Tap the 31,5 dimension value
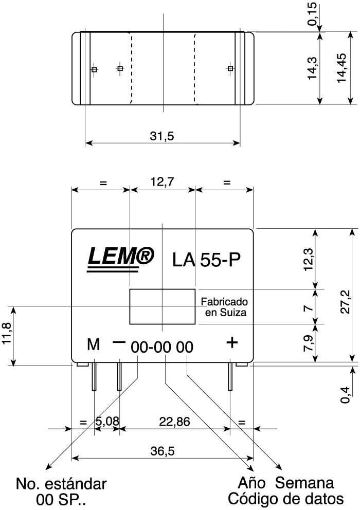[x=162, y=136]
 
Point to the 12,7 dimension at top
[x=162, y=182]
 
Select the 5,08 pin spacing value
[x=107, y=422]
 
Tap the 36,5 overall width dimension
[x=163, y=451]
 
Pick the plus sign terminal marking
[x=232, y=342]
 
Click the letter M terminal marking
[x=93, y=345]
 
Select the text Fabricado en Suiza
[x=224, y=307]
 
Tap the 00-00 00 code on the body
[x=162, y=348]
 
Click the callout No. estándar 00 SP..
[x=61, y=491]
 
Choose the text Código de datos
[x=286, y=499]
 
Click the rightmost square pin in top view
[x=230, y=68]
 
